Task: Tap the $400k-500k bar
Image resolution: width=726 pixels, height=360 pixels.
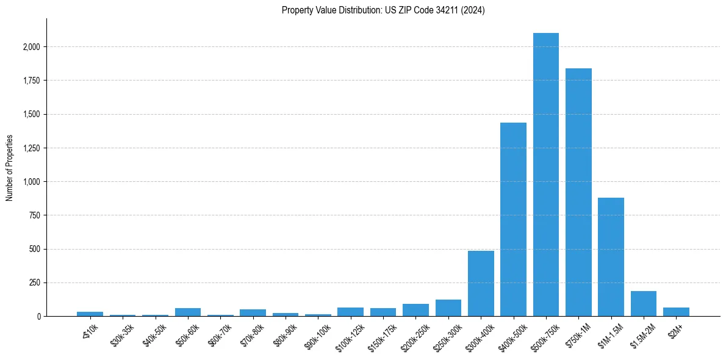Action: click(x=513, y=220)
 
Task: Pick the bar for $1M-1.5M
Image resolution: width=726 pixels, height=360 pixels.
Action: click(x=611, y=257)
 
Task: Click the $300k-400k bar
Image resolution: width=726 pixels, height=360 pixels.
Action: click(x=481, y=284)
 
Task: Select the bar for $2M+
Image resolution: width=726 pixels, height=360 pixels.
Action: click(x=676, y=312)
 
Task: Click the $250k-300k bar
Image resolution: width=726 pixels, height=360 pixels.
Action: click(x=448, y=308)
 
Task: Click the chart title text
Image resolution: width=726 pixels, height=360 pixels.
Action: click(x=383, y=10)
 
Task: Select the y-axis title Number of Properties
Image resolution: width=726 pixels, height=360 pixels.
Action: click(x=10, y=168)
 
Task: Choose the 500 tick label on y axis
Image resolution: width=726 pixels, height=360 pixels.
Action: click(x=35, y=249)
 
